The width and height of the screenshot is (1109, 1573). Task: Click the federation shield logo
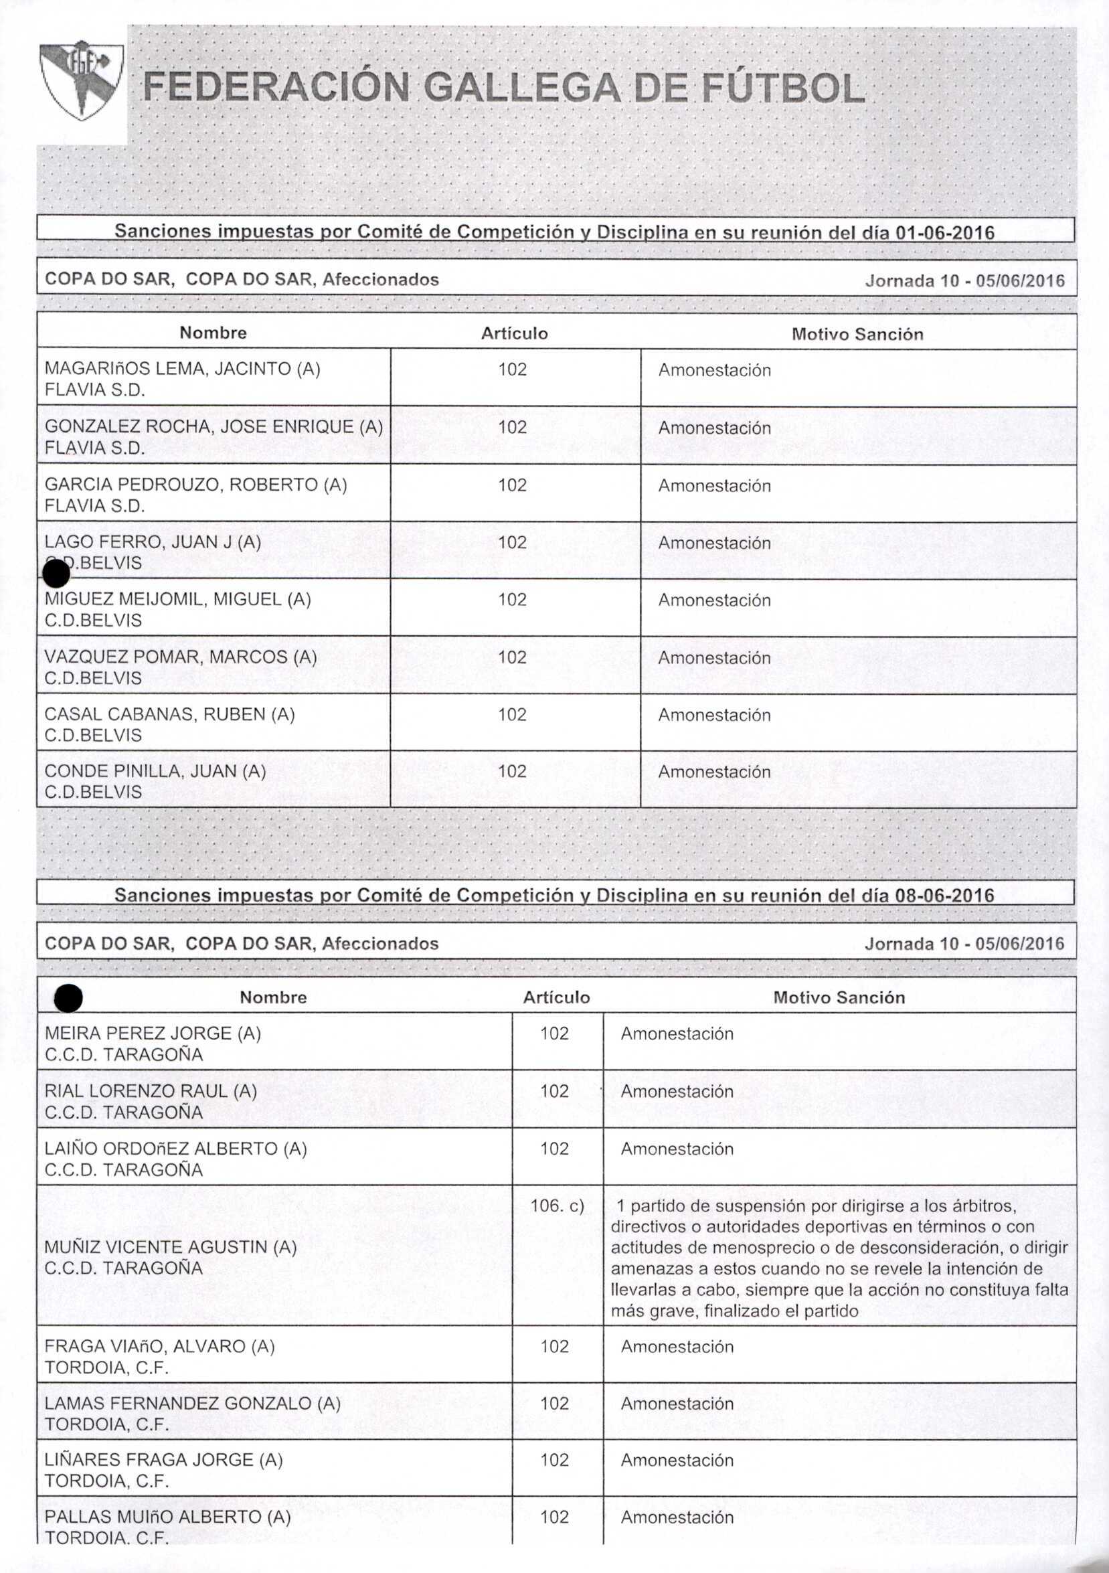click(x=82, y=80)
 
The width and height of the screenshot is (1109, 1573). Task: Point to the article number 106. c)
click(x=557, y=1205)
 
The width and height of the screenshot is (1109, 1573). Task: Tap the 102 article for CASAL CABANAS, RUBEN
click(x=513, y=715)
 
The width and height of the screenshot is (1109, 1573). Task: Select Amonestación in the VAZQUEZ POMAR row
click(x=714, y=658)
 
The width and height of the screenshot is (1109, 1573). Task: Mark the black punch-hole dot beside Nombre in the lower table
click(x=69, y=999)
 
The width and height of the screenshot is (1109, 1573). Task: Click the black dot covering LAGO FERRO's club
click(x=56, y=573)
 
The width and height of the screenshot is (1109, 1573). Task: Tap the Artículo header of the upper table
click(x=515, y=333)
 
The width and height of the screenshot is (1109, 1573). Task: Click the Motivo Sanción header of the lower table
click(x=839, y=997)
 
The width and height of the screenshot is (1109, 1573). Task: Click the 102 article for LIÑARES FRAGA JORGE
click(x=554, y=1460)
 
